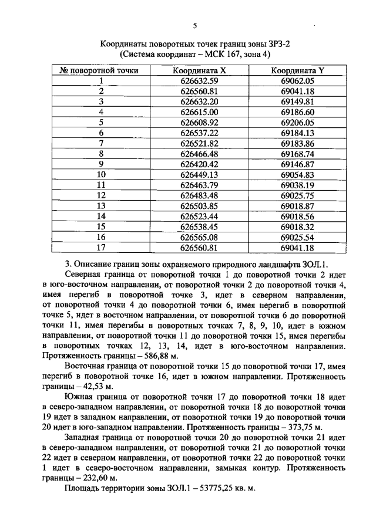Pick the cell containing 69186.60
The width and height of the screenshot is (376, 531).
tap(298, 111)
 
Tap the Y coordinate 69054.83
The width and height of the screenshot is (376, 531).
tap(298, 174)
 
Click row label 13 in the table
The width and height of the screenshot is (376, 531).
tap(100, 205)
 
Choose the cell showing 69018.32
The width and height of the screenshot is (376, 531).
tap(298, 226)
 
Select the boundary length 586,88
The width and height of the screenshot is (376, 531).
tap(142, 355)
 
